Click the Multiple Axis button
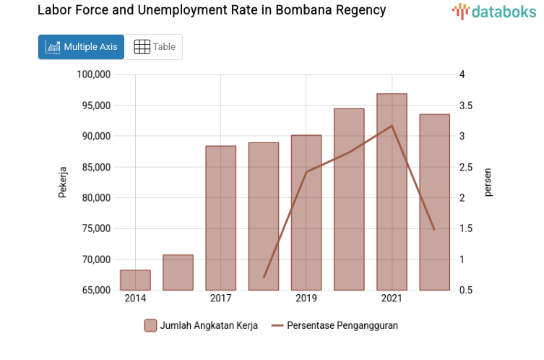click(81, 47)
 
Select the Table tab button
click(155, 47)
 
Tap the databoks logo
click(494, 11)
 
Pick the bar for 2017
click(220, 218)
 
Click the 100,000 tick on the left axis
click(92, 74)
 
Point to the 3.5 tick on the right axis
click(466, 106)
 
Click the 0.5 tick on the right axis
click(466, 290)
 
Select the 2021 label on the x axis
click(392, 299)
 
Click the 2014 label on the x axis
click(135, 299)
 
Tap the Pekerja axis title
click(62, 183)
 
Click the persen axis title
click(488, 183)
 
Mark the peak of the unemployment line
click(392, 126)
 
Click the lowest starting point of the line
click(264, 277)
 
